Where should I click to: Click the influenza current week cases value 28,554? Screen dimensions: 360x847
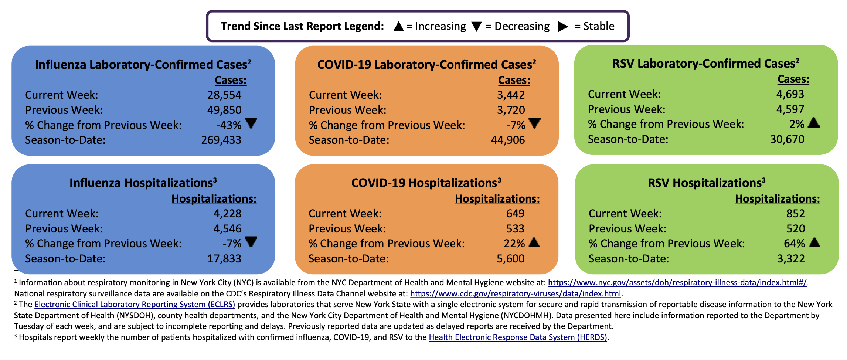(224, 95)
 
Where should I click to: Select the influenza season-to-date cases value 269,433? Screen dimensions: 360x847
(221, 140)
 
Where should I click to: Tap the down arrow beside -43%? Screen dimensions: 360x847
(251, 123)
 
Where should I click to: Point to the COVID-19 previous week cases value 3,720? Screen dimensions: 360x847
(511, 110)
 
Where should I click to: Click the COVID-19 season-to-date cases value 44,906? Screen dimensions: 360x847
(508, 140)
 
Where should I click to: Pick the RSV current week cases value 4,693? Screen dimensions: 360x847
(790, 94)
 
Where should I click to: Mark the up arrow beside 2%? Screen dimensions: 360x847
(813, 123)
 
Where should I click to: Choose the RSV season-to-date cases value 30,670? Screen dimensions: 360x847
(787, 139)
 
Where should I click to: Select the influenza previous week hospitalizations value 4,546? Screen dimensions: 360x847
(227, 229)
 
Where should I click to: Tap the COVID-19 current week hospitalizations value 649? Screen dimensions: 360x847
(515, 214)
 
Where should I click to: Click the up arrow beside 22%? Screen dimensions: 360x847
(534, 242)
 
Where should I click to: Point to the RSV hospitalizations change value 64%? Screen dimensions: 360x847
(794, 244)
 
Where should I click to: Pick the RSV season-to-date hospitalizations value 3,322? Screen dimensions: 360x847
(791, 259)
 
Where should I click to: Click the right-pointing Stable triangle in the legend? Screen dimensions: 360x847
(563, 27)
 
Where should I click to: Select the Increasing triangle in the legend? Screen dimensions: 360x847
(398, 27)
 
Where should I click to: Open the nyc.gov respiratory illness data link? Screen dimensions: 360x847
(677, 283)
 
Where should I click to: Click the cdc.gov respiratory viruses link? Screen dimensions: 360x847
(516, 294)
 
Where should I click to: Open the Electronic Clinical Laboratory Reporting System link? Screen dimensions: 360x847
(135, 305)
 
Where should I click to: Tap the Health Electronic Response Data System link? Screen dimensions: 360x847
(518, 337)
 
